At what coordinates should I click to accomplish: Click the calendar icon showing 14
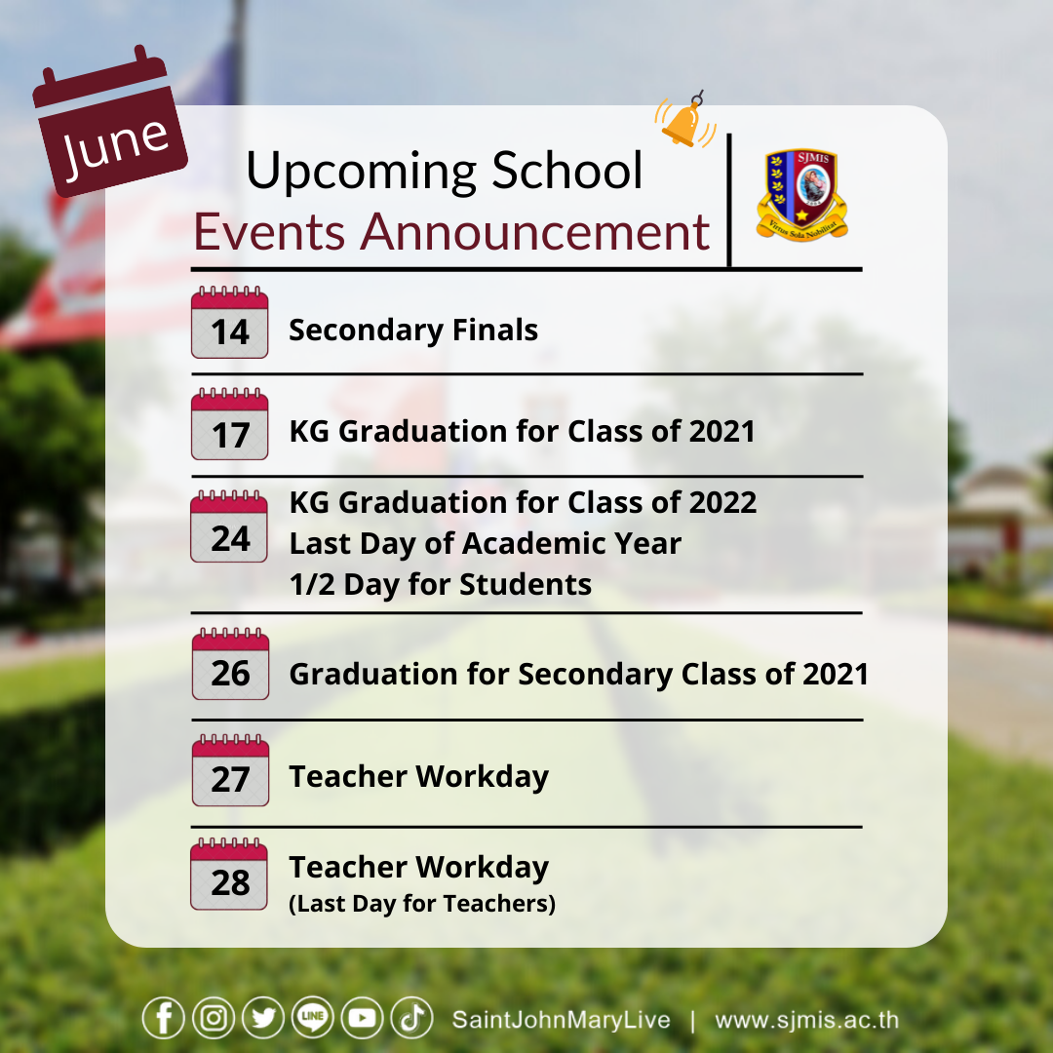click(230, 323)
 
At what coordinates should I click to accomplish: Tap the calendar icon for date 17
click(230, 424)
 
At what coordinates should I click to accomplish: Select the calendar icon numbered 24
click(230, 526)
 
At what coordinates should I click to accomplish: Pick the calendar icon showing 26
click(230, 664)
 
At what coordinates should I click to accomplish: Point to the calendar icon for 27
click(230, 770)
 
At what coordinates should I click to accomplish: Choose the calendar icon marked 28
click(230, 874)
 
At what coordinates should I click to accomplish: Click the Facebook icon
click(163, 1018)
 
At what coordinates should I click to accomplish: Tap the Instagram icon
click(214, 1018)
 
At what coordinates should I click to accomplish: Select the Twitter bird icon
click(263, 1018)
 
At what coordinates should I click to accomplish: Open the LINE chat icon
click(313, 1018)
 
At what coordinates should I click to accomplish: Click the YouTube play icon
click(363, 1018)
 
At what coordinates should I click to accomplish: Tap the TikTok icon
click(412, 1018)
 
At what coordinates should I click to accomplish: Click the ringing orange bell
click(685, 120)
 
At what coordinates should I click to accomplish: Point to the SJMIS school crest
click(802, 195)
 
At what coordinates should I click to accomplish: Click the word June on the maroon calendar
click(115, 144)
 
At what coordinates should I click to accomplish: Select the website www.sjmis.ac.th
click(806, 1020)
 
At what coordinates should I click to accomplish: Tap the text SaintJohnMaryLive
click(562, 1020)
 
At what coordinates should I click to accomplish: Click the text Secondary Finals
click(413, 330)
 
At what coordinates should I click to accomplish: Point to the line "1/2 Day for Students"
click(441, 584)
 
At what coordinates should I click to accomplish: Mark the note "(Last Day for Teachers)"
click(422, 904)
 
